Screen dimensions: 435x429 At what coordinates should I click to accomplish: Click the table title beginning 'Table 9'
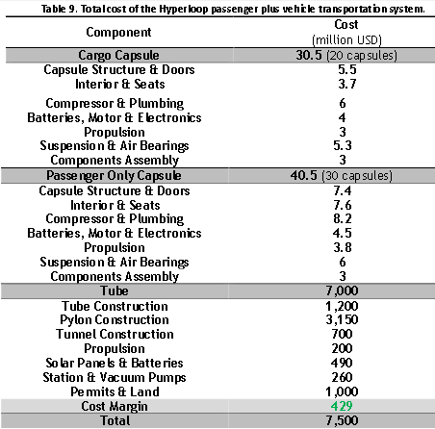pyautogui.click(x=220, y=10)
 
